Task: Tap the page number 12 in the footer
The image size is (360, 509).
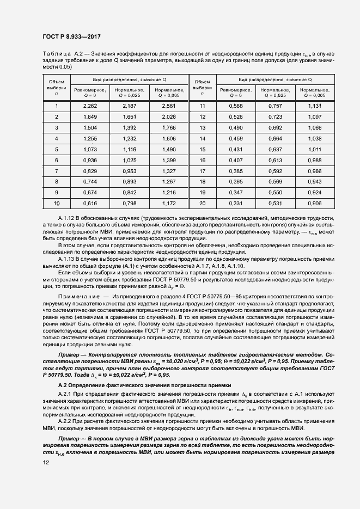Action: click(x=46, y=462)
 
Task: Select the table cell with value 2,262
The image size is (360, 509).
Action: click(x=91, y=106)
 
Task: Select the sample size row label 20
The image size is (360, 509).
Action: click(x=202, y=204)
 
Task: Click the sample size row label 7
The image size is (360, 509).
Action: click(x=57, y=171)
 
